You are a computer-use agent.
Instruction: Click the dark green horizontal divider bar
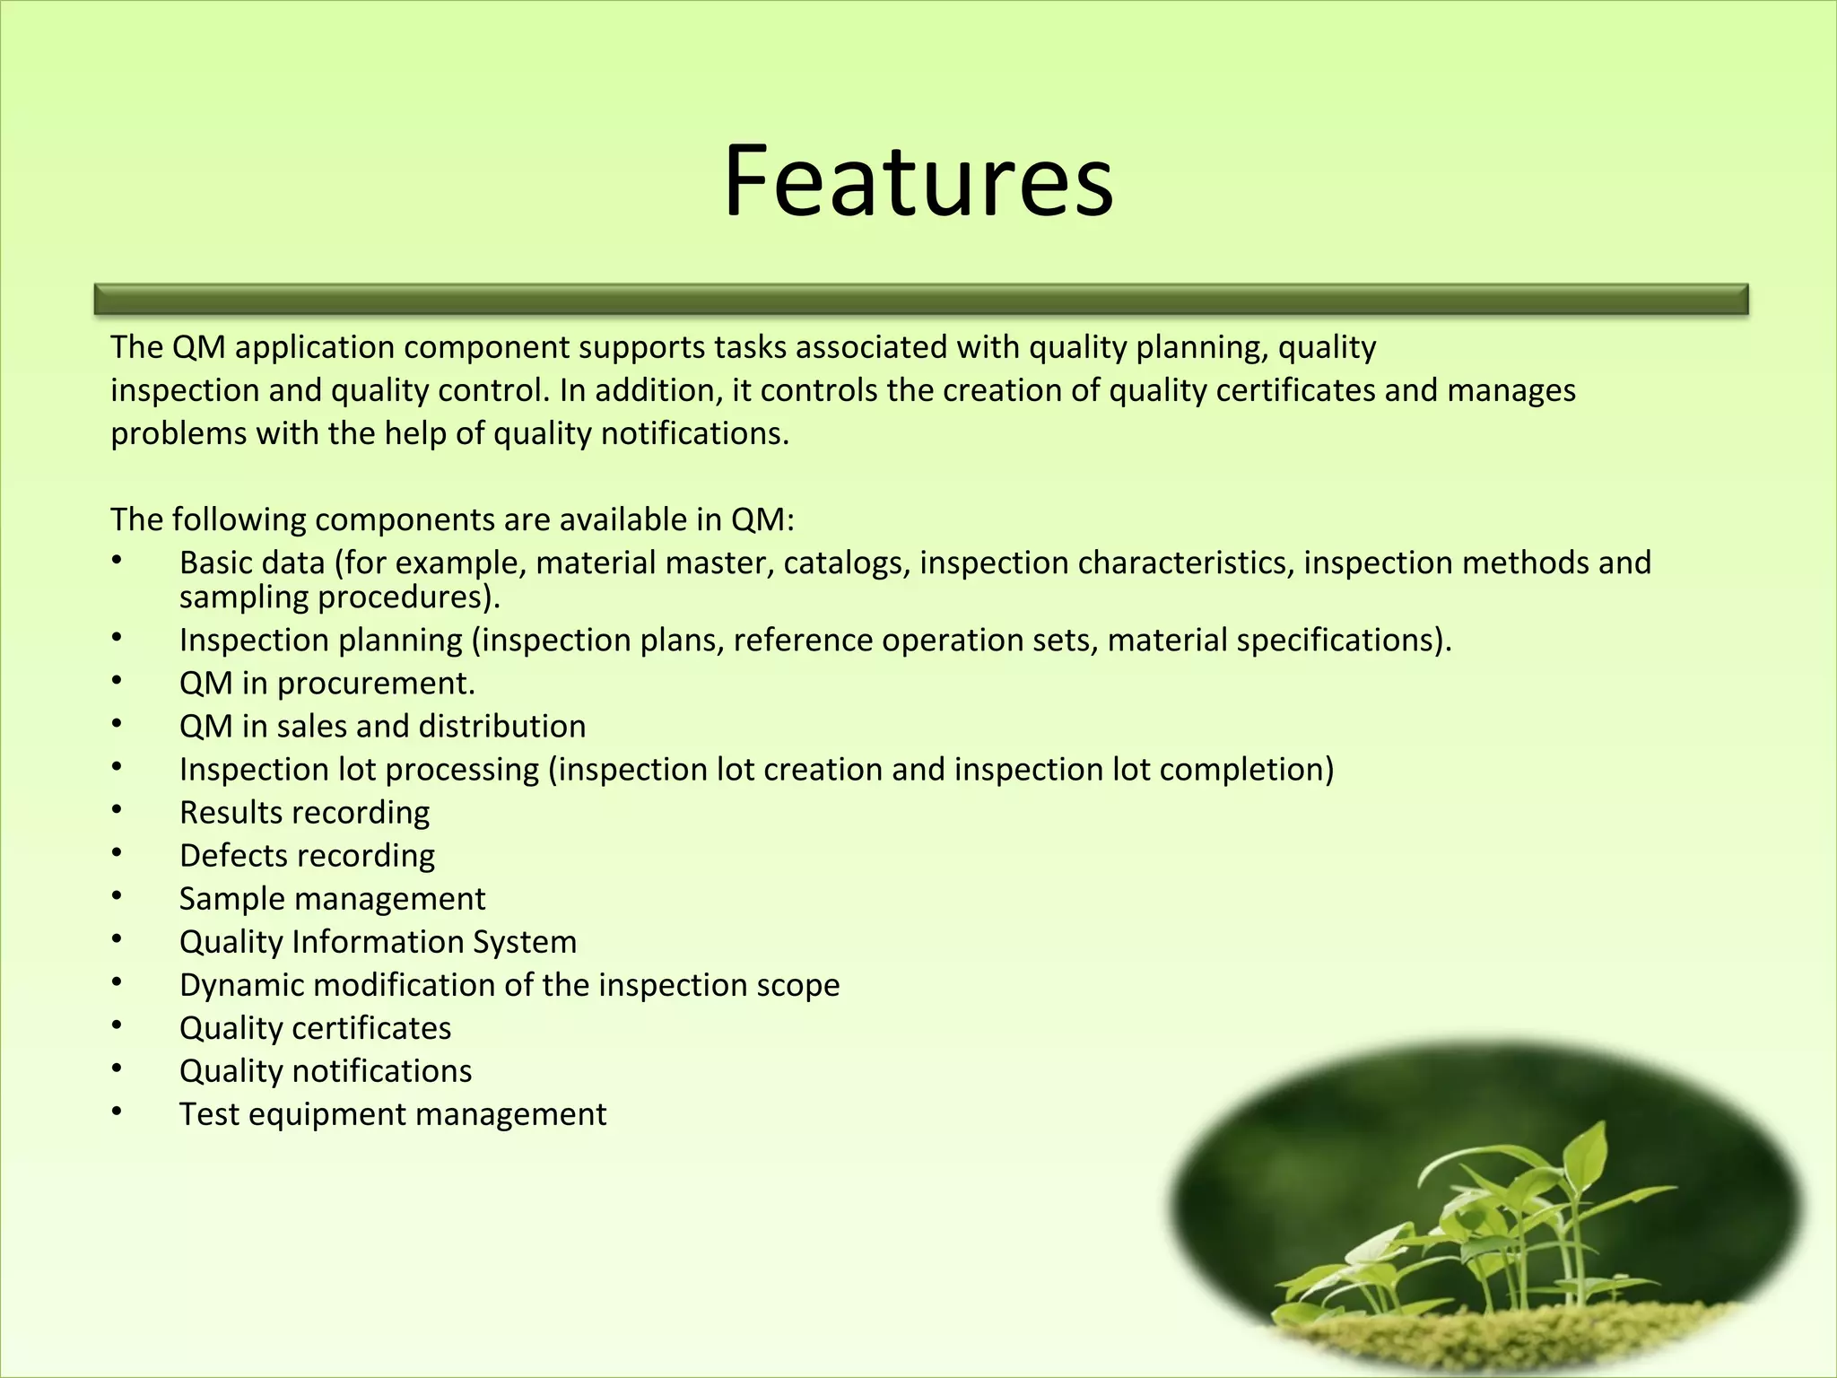(921, 300)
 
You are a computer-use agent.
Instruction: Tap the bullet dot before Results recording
(117, 809)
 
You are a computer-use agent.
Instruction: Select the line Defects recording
(307, 856)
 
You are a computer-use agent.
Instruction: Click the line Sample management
(332, 899)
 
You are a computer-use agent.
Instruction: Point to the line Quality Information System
(378, 942)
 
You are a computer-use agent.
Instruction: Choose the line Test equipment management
(393, 1114)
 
